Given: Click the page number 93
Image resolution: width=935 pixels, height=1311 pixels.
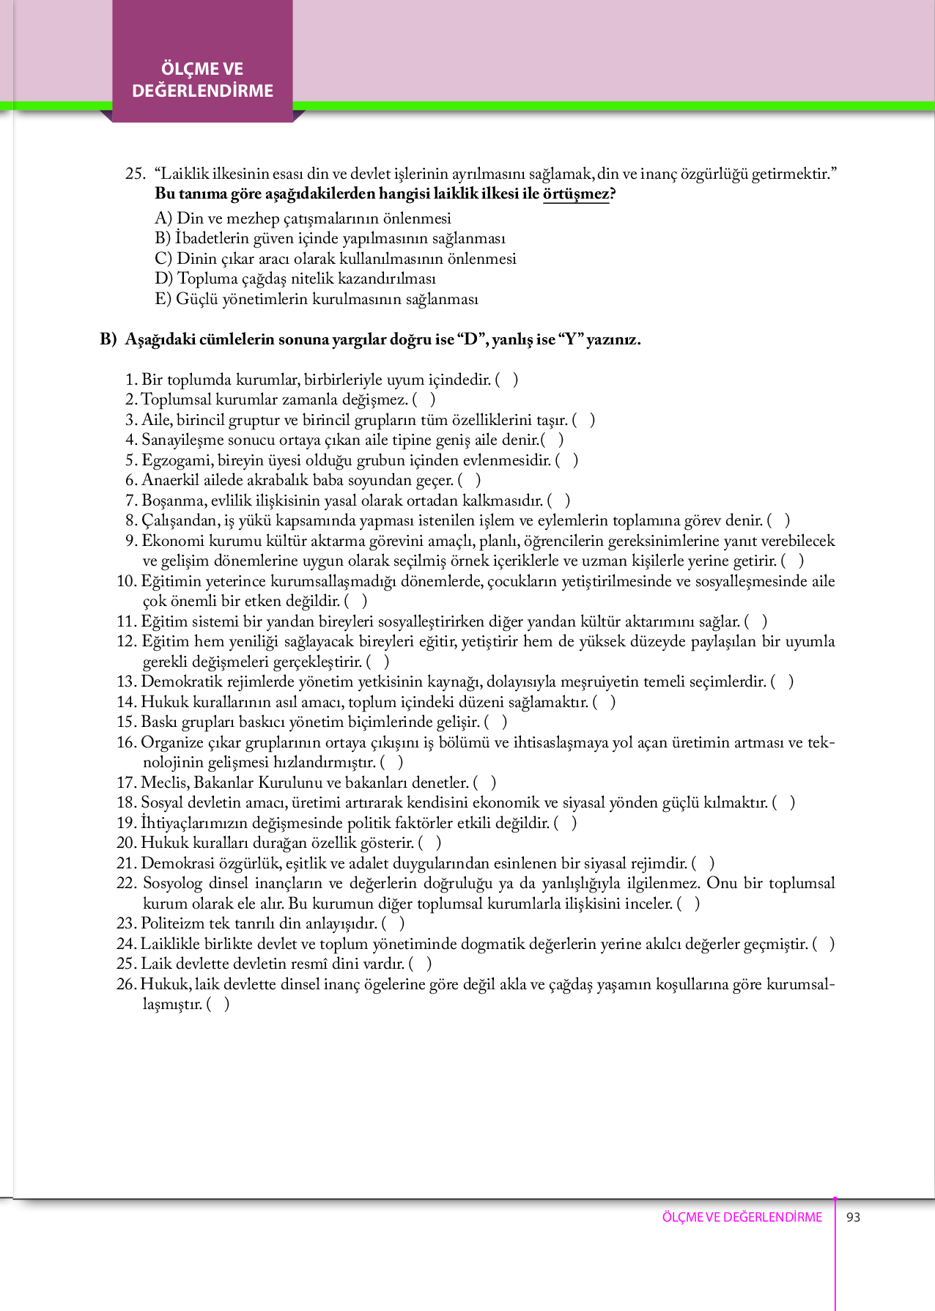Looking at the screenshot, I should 853,1217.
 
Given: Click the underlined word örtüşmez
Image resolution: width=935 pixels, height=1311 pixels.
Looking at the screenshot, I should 576,194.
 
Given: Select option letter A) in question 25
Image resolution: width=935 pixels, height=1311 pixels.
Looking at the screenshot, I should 163,218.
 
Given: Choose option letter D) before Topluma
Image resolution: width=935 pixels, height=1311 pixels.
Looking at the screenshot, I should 164,278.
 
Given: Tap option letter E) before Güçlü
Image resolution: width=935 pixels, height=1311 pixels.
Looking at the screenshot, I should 163,299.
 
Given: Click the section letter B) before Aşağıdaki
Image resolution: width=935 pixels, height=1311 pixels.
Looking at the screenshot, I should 108,339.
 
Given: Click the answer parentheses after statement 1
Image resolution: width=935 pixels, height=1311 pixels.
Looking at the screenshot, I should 507,380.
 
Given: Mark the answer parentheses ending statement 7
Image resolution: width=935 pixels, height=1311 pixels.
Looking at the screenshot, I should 558,501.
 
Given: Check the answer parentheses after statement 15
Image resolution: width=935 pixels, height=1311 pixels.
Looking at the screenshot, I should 496,722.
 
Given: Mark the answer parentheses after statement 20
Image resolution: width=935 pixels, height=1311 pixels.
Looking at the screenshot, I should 430,843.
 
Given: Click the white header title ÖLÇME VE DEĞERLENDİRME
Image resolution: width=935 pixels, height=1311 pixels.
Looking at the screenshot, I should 202,80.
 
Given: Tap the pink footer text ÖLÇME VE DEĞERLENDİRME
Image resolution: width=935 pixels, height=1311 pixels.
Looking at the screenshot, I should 742,1217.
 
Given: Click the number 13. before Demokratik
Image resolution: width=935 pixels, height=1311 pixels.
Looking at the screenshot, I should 126,682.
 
